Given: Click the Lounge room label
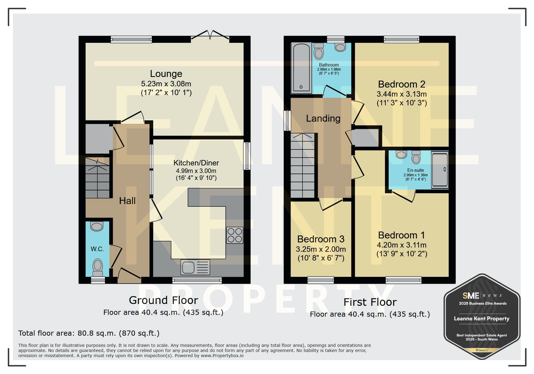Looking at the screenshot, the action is click(166, 74).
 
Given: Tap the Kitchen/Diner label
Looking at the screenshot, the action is click(196, 163).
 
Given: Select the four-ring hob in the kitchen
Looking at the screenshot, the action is click(235, 235).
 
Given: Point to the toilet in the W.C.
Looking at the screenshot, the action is click(97, 267).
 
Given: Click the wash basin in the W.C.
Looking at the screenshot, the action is click(97, 226).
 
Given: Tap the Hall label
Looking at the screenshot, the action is click(127, 201).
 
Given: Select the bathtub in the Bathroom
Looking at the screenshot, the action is click(301, 68).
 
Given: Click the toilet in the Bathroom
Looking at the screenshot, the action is click(319, 52).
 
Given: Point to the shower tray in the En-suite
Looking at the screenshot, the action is click(440, 170).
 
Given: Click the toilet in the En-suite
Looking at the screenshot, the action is click(416, 157).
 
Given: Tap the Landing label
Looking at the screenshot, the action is click(323, 119).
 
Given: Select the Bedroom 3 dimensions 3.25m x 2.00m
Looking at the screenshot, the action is click(321, 249).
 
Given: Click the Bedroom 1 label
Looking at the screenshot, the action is click(402, 235).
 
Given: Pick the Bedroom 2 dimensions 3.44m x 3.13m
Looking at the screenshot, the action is click(402, 94).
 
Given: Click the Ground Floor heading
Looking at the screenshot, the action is click(163, 300).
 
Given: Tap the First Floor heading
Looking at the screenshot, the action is click(370, 302).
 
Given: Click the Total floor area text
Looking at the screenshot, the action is click(89, 333).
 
